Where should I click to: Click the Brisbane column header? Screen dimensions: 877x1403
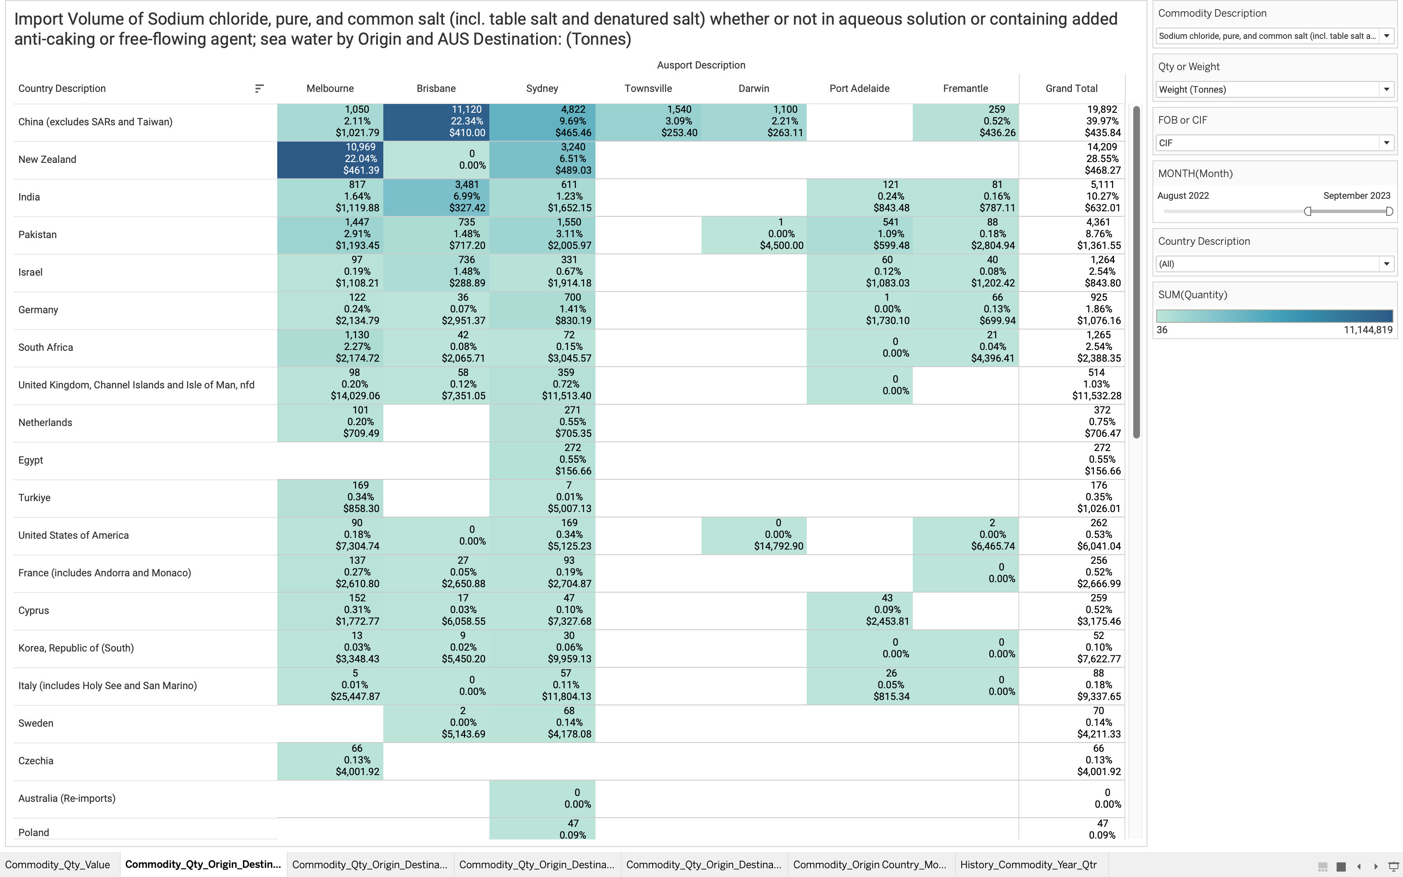[436, 89]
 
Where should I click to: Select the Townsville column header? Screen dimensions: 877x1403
[648, 89]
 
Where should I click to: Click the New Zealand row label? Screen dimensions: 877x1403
[47, 160]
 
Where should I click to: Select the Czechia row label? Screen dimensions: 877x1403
[35, 761]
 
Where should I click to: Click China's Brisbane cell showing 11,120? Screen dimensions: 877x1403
[436, 121]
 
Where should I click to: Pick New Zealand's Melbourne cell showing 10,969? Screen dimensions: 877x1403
[330, 159]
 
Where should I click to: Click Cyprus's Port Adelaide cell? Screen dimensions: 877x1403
[859, 610]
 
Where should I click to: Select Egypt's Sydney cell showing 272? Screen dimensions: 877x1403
[542, 460]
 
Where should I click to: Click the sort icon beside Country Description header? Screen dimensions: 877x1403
[259, 89]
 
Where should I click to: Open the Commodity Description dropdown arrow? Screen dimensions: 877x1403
[1386, 36]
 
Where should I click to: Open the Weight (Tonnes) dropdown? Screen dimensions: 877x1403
[1274, 89]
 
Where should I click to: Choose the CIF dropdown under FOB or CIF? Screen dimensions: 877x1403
[1274, 143]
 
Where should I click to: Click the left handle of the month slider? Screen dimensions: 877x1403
[1308, 212]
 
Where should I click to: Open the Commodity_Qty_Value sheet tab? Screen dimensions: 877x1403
[57, 864]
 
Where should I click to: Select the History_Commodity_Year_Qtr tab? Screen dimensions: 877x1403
[1028, 864]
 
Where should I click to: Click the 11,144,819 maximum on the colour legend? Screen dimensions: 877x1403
[1368, 330]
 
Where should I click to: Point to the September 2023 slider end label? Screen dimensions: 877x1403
[1357, 196]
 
